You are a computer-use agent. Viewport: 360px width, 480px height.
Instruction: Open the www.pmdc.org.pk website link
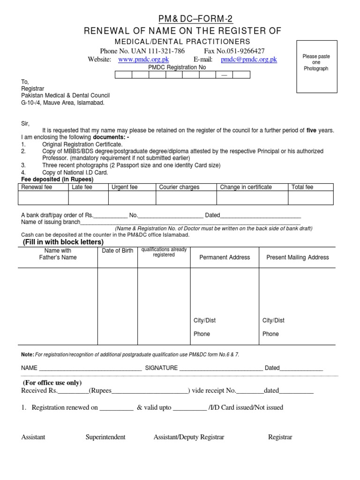[x=143, y=60]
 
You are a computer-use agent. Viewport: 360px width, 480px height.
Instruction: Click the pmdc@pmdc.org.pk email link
[x=249, y=60]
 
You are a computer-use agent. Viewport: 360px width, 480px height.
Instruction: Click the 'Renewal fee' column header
[x=37, y=187]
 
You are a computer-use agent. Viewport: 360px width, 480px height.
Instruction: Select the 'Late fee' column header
[x=82, y=187]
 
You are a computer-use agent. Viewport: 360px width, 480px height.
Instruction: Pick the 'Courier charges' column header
[x=179, y=187]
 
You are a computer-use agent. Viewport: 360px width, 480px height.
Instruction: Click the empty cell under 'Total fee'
[x=310, y=198]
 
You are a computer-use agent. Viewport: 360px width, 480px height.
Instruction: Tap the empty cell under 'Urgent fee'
[x=132, y=198]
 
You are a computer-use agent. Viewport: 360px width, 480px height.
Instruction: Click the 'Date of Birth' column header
[x=118, y=251]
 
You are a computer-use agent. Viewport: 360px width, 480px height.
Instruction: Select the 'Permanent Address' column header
[x=225, y=257]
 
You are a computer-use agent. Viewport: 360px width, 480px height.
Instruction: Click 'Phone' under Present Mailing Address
[x=270, y=334]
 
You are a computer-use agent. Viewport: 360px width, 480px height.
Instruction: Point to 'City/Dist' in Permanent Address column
[x=205, y=321]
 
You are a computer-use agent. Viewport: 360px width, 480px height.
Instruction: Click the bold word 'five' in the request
[x=311, y=131]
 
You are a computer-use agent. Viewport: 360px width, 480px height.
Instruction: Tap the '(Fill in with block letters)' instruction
[x=63, y=242]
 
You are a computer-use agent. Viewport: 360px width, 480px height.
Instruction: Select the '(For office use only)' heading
[x=52, y=382]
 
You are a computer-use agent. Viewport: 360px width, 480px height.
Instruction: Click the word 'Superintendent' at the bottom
[x=105, y=437]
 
